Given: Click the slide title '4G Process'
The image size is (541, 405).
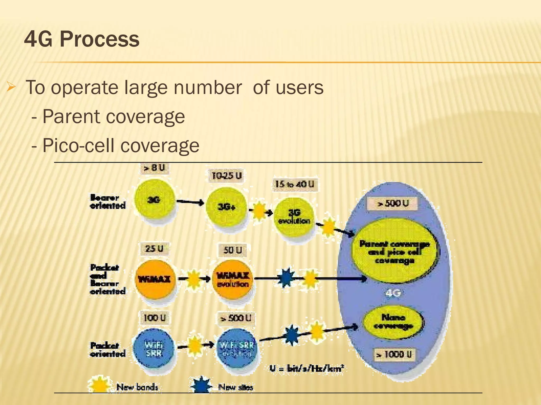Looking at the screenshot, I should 82,39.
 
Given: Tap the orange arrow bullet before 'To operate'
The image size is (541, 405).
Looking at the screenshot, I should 11,87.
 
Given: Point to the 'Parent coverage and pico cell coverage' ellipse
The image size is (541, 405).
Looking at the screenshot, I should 394,252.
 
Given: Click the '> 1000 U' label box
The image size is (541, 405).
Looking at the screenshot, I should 394,354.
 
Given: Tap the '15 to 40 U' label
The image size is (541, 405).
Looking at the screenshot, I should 295,184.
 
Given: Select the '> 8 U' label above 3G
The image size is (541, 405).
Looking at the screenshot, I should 154,168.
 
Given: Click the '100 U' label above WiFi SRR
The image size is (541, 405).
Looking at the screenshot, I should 155,318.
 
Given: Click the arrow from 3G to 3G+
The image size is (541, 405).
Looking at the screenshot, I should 190,202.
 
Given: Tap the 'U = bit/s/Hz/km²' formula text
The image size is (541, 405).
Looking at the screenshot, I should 307,368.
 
